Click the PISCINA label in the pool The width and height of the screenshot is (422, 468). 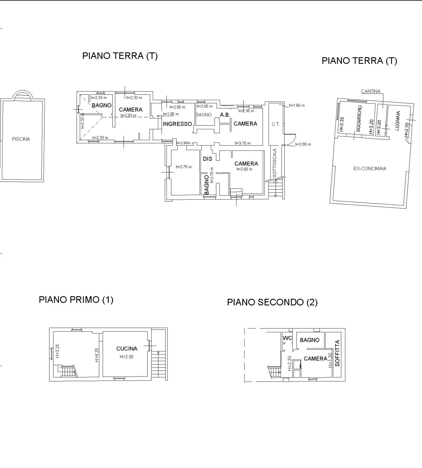[x=21, y=139]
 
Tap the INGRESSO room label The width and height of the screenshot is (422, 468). [x=177, y=124]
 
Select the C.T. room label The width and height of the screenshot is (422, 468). [x=276, y=124]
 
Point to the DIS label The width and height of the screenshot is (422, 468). [x=207, y=159]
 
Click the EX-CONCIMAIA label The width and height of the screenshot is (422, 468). [x=370, y=169]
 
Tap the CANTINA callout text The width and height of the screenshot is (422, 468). [x=370, y=91]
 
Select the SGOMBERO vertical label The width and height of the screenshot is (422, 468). [x=359, y=118]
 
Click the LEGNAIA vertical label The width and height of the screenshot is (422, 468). [x=397, y=121]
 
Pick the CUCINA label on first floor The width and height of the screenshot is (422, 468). [x=127, y=349]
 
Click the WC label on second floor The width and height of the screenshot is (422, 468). [x=287, y=338]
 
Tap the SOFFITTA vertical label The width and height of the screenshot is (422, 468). [x=337, y=353]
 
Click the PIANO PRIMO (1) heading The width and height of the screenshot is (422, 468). [x=76, y=299]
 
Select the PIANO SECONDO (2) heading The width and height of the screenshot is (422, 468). [x=272, y=302]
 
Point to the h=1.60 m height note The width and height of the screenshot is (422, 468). [x=297, y=105]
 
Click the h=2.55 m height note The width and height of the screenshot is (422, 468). [x=303, y=144]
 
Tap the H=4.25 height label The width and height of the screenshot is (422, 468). [x=96, y=355]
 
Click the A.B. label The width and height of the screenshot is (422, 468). [x=225, y=115]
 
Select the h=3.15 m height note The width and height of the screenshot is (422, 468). [x=242, y=143]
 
